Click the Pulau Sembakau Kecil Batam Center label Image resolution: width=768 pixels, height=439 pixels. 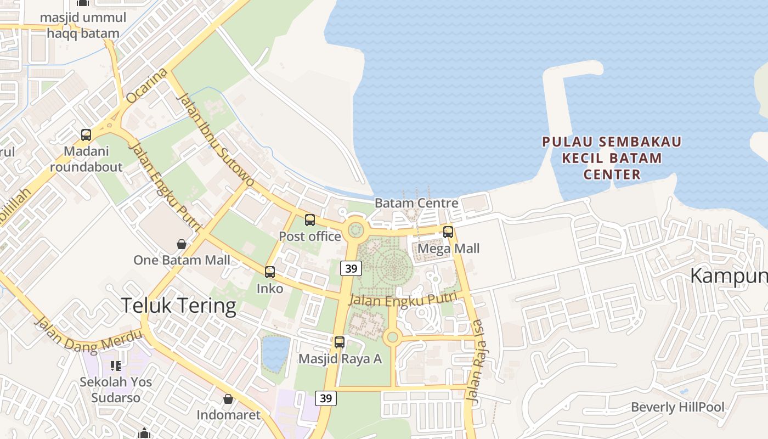pyautogui.click(x=612, y=158)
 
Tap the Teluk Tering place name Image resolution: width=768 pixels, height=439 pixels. pyautogui.click(x=178, y=306)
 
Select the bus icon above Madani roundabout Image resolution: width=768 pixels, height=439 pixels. pyautogui.click(x=86, y=135)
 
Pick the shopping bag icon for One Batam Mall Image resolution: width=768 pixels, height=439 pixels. pyautogui.click(x=182, y=244)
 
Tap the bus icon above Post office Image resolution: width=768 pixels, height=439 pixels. pyautogui.click(x=310, y=220)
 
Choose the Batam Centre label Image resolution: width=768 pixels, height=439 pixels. pyautogui.click(x=416, y=203)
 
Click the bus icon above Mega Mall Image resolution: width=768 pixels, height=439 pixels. pyautogui.click(x=448, y=232)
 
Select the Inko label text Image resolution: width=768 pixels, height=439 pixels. pyautogui.click(x=270, y=288)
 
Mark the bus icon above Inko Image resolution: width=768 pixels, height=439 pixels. pyautogui.click(x=270, y=272)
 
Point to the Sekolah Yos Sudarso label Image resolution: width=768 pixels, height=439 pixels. pyautogui.click(x=116, y=389)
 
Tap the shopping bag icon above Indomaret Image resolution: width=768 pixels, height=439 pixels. pyautogui.click(x=228, y=399)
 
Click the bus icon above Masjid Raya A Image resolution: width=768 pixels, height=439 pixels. pyautogui.click(x=340, y=342)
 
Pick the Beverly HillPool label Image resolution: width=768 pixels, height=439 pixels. pyautogui.click(x=677, y=407)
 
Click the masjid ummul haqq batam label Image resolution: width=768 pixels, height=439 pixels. pyautogui.click(x=83, y=25)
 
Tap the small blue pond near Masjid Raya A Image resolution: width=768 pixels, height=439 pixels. pyautogui.click(x=275, y=352)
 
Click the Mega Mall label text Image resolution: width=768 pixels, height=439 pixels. pyautogui.click(x=449, y=249)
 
